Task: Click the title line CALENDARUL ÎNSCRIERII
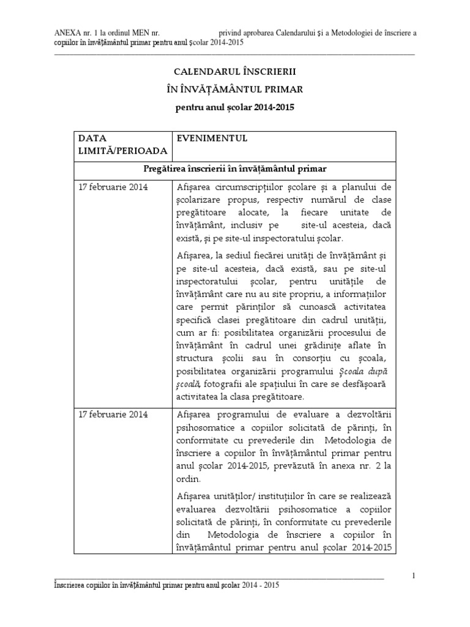[x=235, y=72]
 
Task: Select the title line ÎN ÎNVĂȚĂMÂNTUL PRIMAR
[x=235, y=89]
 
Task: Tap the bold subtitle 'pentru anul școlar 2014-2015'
[x=235, y=107]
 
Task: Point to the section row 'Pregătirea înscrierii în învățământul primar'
[x=235, y=170]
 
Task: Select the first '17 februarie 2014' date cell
[x=113, y=187]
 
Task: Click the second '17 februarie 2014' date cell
[x=113, y=415]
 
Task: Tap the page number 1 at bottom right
[x=414, y=575]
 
